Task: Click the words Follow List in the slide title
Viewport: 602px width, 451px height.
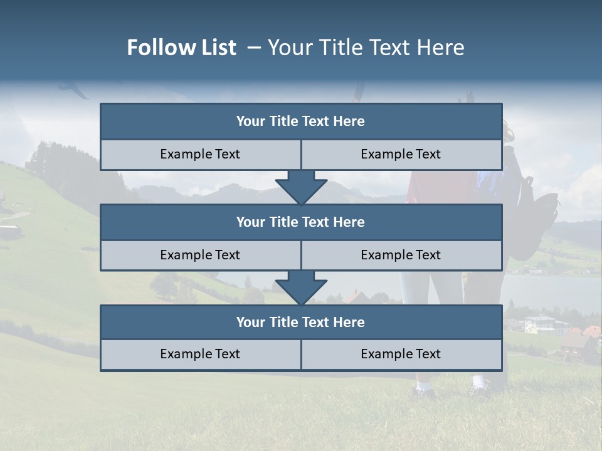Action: (181, 48)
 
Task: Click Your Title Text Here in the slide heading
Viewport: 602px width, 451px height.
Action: (366, 48)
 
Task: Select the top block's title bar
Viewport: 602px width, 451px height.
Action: (301, 122)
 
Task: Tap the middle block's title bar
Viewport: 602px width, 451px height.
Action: (301, 222)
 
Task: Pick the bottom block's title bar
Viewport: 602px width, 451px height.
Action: (301, 323)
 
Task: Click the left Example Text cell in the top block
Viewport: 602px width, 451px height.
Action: (200, 154)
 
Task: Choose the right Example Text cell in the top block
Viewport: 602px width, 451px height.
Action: (401, 154)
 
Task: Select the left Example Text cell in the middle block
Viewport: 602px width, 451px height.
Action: (200, 255)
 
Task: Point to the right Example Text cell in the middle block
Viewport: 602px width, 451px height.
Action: (401, 255)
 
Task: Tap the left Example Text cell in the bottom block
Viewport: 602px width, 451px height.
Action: (200, 354)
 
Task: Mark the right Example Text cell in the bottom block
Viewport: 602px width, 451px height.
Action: (401, 354)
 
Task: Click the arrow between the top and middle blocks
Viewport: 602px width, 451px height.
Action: (301, 187)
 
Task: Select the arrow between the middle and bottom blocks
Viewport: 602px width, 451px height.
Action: (301, 288)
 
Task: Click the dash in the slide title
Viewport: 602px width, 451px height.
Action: (253, 48)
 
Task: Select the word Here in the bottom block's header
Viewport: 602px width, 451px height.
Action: (349, 323)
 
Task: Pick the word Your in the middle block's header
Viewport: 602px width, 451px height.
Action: (251, 222)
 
